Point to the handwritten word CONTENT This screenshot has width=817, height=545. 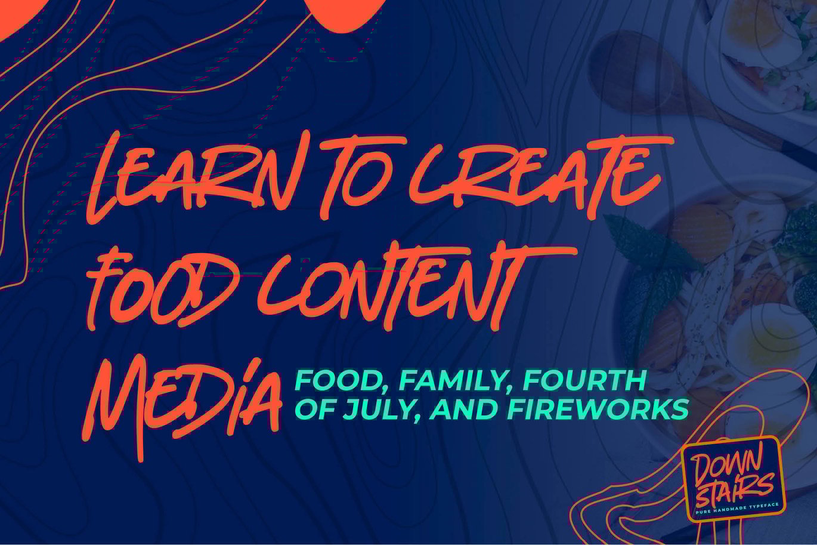416,287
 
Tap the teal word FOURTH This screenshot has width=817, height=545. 584,380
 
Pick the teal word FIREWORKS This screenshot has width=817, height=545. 598,409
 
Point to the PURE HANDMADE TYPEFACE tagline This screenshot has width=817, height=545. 736,509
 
